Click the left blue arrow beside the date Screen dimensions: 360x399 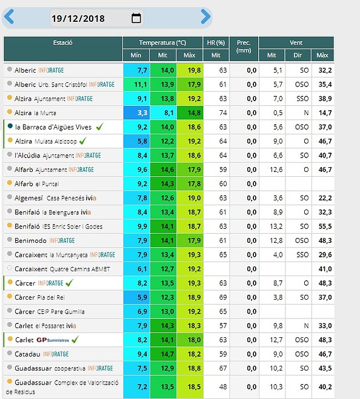tap(9, 16)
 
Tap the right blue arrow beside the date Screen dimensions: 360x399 tap(205, 16)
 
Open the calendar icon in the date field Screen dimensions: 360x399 tap(136, 18)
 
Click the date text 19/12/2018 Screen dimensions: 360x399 tap(78, 19)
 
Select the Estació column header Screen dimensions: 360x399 tap(62, 42)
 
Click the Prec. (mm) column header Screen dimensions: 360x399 tap(244, 46)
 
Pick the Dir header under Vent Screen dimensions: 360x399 tap(298, 55)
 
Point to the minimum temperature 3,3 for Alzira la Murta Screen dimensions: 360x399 tap(142, 113)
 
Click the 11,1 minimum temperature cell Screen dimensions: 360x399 tap(141, 84)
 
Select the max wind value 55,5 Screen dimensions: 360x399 tap(325, 226)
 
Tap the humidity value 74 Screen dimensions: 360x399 tap(223, 113)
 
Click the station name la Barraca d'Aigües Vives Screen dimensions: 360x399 tap(53, 127)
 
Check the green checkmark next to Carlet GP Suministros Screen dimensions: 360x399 tap(75, 339)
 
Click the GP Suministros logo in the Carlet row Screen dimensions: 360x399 tap(53, 340)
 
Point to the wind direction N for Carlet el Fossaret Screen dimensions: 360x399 tap(306, 326)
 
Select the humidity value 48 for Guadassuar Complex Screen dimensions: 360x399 tap(223, 387)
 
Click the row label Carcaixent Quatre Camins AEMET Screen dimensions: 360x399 tap(62, 269)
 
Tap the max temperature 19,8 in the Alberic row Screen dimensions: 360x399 tap(194, 70)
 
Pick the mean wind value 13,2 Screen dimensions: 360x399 tap(276, 226)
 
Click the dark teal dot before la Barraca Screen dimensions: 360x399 tap(10, 126)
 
